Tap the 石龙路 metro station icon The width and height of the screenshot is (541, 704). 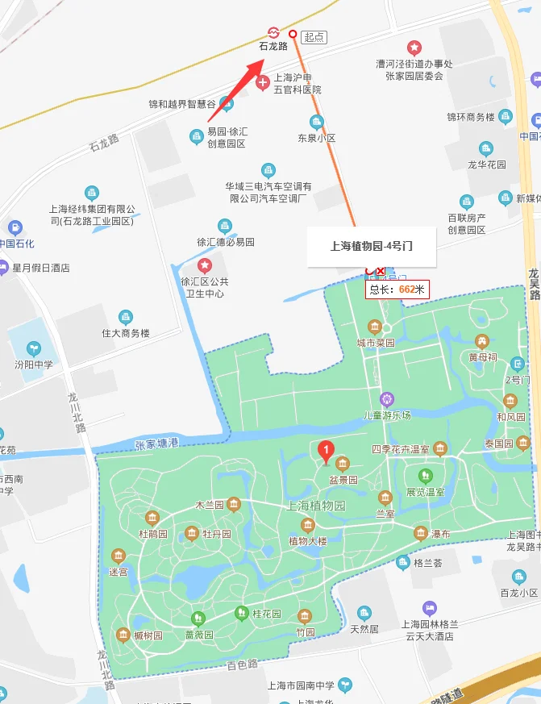point(273,32)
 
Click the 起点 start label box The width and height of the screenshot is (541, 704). point(314,37)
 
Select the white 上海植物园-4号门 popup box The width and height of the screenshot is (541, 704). point(372,247)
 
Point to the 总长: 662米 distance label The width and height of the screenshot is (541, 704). point(397,289)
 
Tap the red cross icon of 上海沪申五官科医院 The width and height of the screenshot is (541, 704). point(263,83)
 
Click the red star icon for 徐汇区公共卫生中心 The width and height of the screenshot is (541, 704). point(205,265)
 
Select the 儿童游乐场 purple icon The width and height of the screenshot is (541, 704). point(387,398)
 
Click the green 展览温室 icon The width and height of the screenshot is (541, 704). point(426,475)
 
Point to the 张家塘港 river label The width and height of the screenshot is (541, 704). point(156,443)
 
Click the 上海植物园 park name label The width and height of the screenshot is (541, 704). point(316,506)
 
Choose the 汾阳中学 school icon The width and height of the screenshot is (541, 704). point(34,348)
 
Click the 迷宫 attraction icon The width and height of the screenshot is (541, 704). point(119,556)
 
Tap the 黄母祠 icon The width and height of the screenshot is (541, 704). point(482,341)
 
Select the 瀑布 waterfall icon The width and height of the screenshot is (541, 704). point(420,533)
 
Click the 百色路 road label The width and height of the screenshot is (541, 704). point(241,664)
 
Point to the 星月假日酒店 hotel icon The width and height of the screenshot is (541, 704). point(5,267)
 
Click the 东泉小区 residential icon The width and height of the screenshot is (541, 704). point(316,122)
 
